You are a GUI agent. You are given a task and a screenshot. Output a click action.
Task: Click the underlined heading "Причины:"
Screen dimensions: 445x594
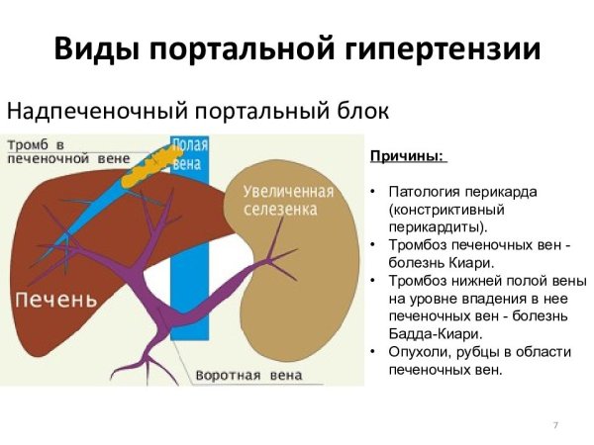click(408, 157)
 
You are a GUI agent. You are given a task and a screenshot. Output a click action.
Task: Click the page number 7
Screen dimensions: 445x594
click(555, 424)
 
